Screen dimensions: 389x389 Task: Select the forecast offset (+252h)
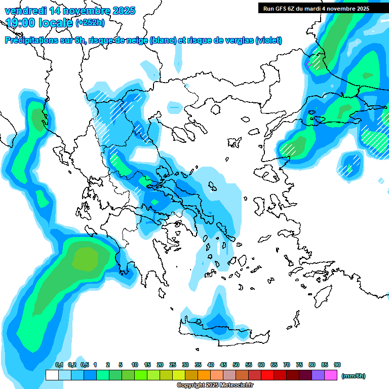pyautogui.click(x=90, y=23)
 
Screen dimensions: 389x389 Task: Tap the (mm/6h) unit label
pyautogui.click(x=353, y=376)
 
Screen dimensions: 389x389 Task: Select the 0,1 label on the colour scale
pyautogui.click(x=59, y=365)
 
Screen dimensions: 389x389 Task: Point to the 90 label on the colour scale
pyautogui.click(x=337, y=365)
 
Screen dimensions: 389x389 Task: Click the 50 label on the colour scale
pyautogui.click(x=236, y=365)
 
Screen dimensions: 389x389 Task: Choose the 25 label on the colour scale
pyautogui.click(x=173, y=365)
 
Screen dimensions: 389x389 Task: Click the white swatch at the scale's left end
pyautogui.click(x=52, y=375)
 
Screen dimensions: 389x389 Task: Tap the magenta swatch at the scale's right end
pyautogui.click(x=331, y=375)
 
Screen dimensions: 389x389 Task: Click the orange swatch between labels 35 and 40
pyautogui.click(x=204, y=375)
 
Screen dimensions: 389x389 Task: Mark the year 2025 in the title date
pyautogui.click(x=124, y=11)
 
